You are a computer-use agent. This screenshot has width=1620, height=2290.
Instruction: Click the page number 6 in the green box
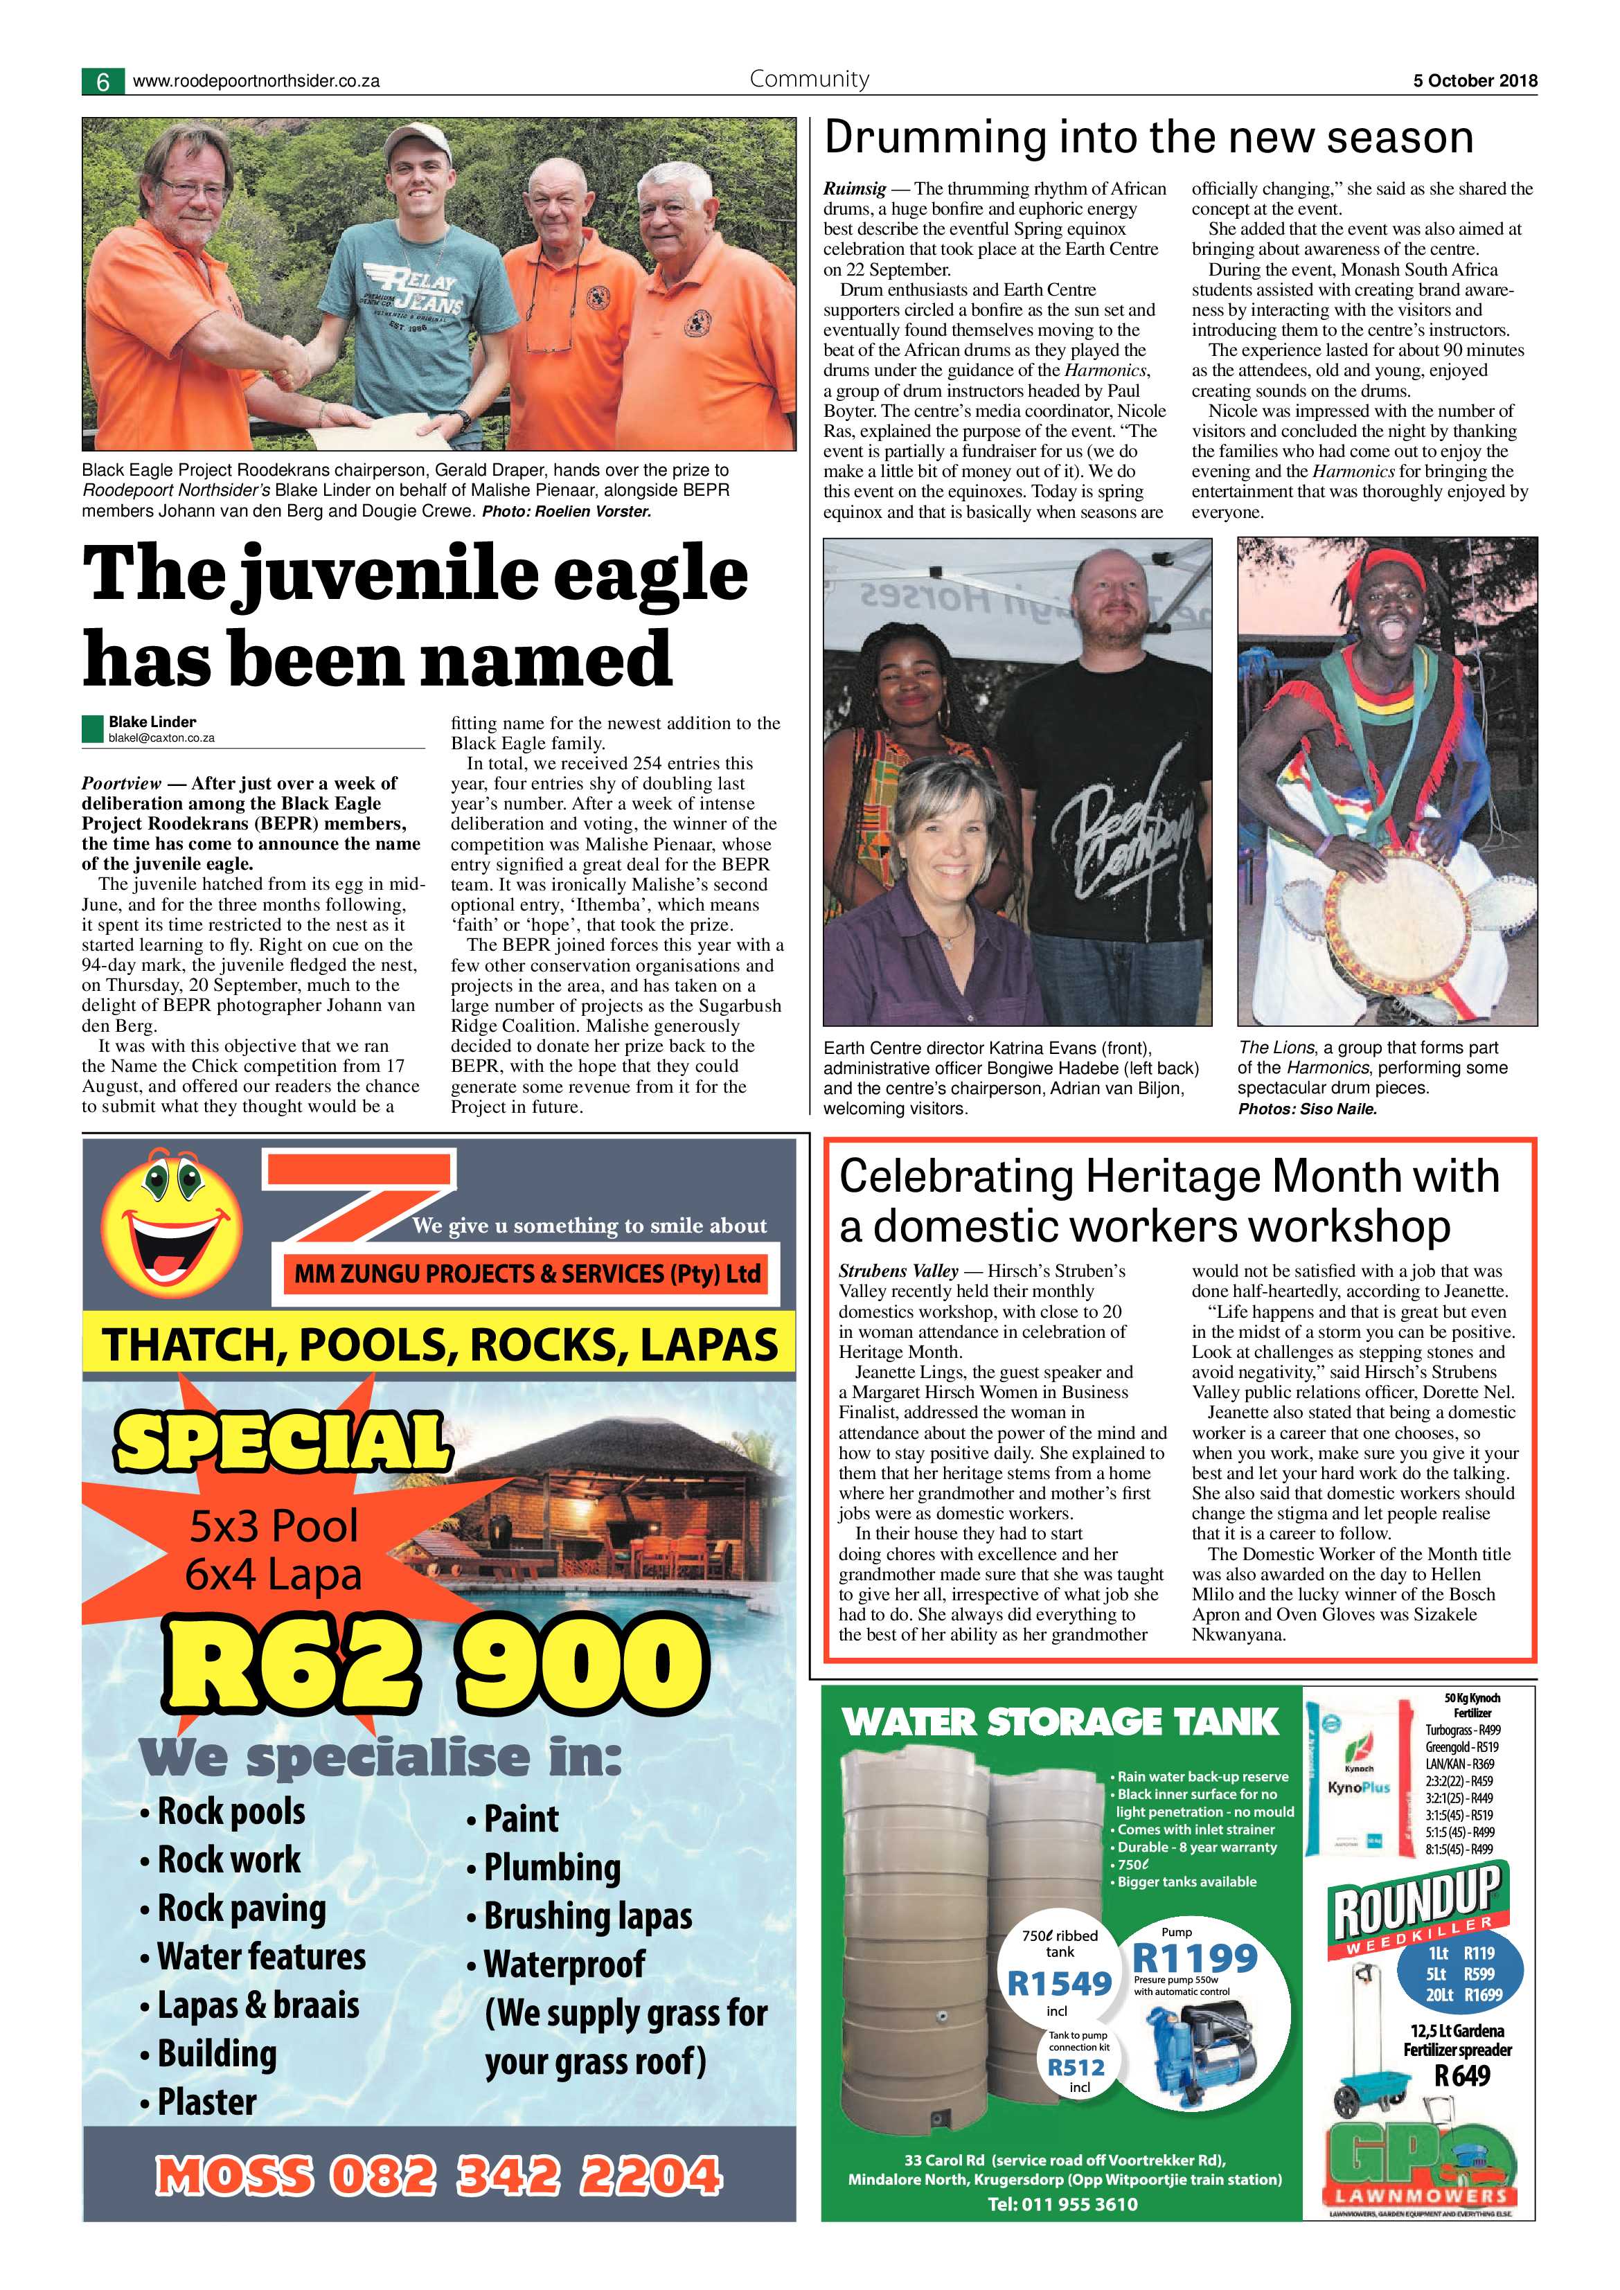tap(103, 82)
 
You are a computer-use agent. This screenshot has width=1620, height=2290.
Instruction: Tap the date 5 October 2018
tap(1475, 81)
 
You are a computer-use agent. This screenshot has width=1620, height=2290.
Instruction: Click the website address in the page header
tap(256, 82)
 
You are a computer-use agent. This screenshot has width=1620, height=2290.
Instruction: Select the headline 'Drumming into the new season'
tap(1148, 138)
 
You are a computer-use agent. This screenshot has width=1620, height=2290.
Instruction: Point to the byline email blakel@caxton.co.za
tap(161, 738)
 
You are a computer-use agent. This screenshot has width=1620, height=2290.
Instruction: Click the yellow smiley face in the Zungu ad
tap(172, 1220)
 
